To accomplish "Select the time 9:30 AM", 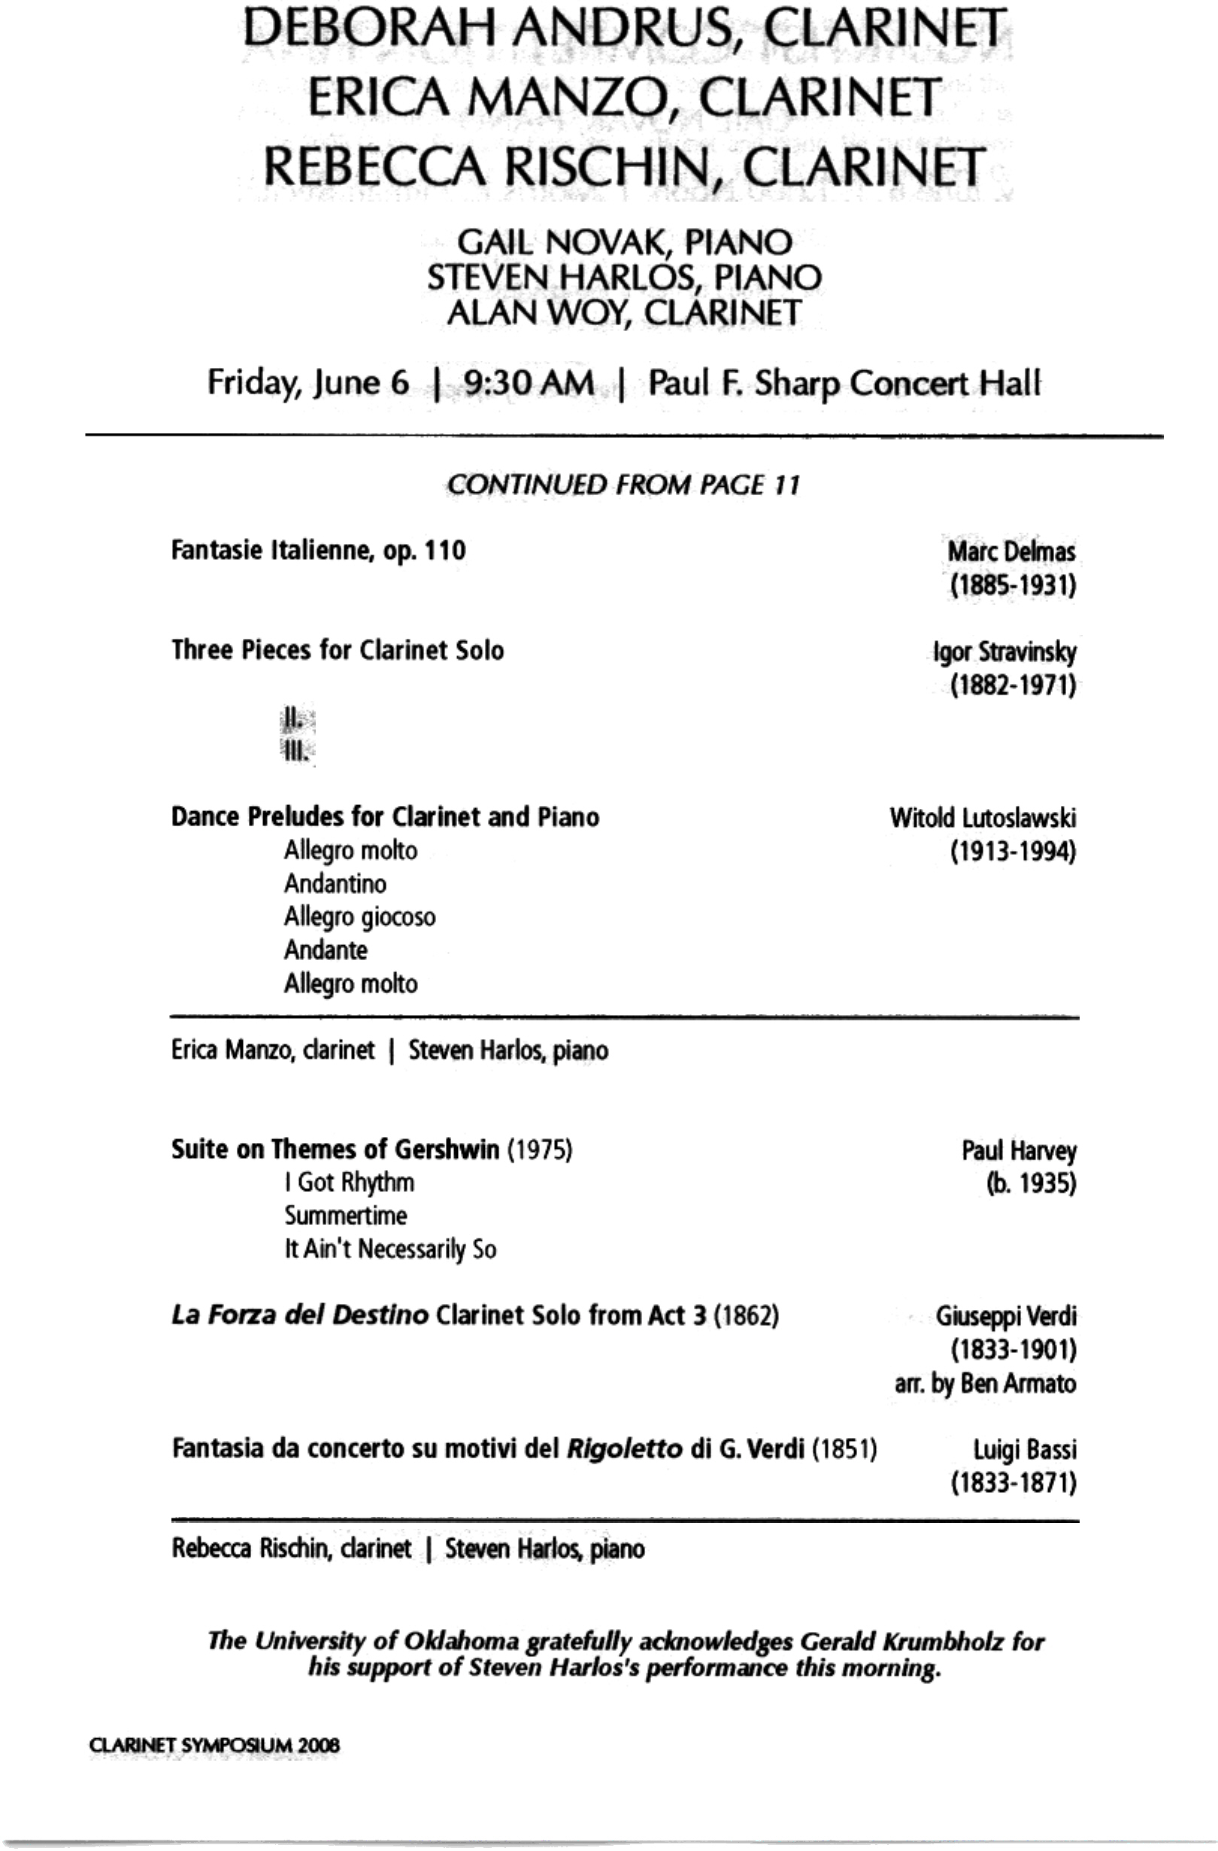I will click(529, 383).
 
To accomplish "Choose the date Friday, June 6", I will click(308, 383).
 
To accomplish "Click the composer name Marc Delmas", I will click(1011, 552).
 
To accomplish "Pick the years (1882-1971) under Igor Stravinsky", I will click(1013, 686).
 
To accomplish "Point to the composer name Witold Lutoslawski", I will click(983, 818).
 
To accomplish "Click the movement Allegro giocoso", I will click(359, 917).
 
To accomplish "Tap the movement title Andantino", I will click(335, 883).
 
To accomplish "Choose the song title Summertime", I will click(345, 1215).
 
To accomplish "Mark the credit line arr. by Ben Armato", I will click(985, 1384).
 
